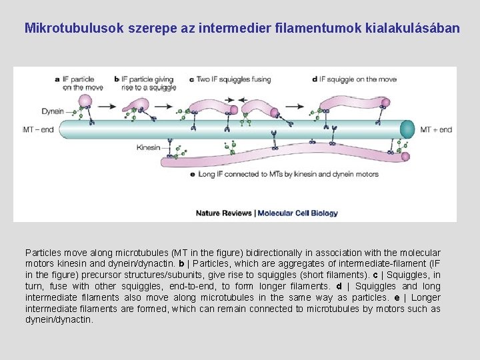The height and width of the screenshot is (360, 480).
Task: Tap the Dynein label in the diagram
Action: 53,111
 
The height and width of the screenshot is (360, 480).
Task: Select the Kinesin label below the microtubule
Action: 149,147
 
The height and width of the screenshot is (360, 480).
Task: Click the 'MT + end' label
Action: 436,129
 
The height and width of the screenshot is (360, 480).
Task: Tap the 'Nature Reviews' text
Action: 223,213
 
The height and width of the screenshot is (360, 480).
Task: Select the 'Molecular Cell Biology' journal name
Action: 297,213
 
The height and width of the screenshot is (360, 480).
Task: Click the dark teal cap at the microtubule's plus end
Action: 407,129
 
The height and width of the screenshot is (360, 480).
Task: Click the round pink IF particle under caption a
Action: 85,101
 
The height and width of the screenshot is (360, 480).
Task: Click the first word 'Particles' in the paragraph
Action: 43,253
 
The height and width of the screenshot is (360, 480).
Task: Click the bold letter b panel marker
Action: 117,79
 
